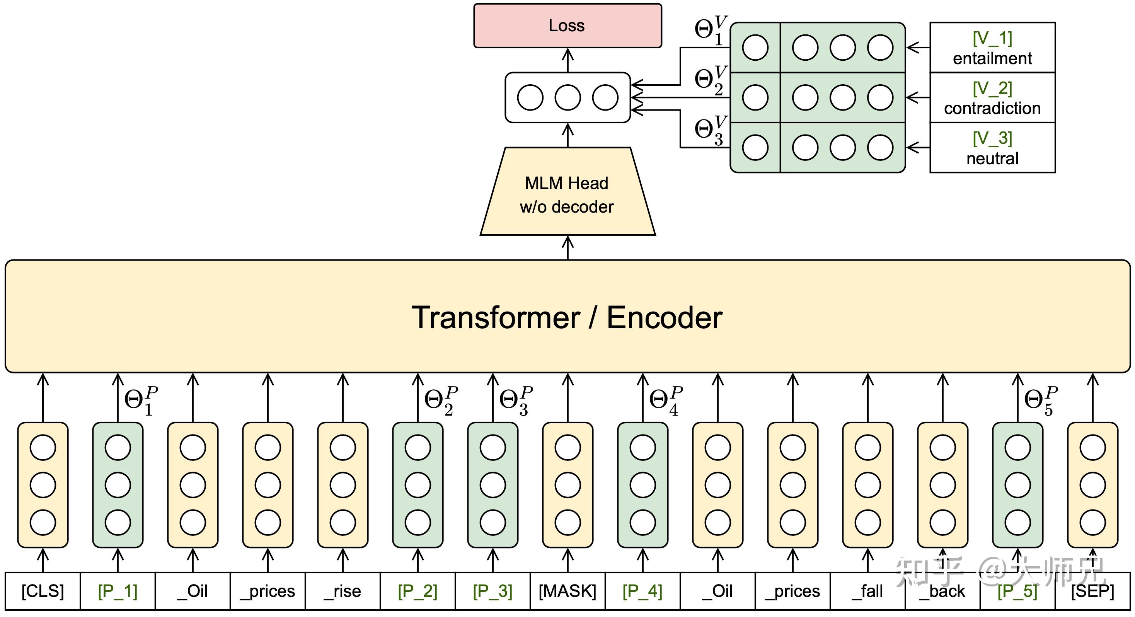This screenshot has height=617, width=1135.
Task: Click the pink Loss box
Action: pos(567,26)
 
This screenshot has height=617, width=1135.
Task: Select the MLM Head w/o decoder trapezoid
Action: pos(567,194)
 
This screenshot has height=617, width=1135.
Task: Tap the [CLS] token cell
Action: pos(43,591)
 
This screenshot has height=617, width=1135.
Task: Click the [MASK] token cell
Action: pos(567,591)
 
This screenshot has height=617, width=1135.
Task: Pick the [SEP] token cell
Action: pos(1093,591)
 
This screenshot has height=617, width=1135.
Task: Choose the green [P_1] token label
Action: pos(118,591)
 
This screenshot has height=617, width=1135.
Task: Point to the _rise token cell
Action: pos(343,591)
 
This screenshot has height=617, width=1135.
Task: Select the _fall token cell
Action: pos(867,591)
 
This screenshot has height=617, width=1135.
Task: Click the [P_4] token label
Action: pos(642,591)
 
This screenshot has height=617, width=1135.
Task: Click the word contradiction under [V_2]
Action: pos(992,108)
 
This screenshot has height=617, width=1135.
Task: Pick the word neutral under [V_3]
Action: pos(992,159)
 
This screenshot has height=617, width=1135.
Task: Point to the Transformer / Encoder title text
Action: pos(567,317)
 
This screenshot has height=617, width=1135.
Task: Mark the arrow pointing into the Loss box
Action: pos(567,60)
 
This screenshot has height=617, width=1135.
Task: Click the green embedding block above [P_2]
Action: pos(418,485)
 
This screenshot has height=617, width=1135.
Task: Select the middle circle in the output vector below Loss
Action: pos(567,97)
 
